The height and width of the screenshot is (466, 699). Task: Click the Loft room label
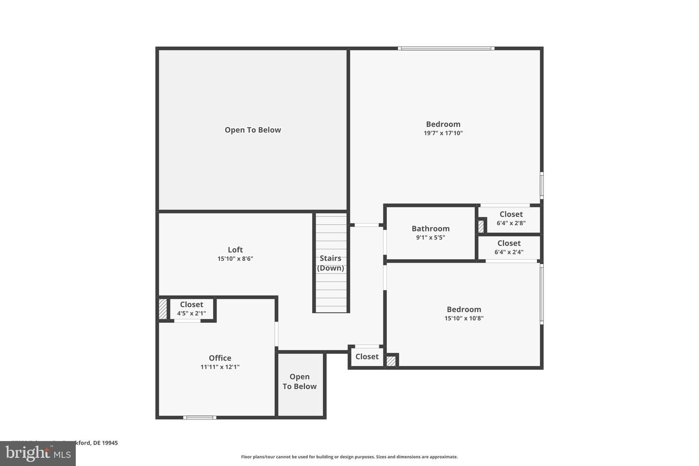coord(235,250)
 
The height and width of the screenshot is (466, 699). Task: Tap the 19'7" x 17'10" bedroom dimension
coord(443,133)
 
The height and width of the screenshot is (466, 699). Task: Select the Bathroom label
coord(431,229)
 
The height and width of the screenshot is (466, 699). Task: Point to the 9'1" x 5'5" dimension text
coord(431,238)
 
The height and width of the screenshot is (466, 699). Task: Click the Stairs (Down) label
coord(331,263)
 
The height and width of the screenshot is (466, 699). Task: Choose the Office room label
coord(220,358)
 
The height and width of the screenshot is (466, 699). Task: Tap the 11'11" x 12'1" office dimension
coord(220,367)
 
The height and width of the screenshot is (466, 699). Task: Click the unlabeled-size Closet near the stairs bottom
coord(367,357)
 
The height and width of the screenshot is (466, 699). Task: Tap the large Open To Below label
coord(253,130)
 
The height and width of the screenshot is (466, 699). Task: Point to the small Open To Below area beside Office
coord(300,382)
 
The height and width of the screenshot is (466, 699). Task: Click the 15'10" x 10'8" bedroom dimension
coord(464,318)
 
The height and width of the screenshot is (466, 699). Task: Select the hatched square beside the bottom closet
coord(391,361)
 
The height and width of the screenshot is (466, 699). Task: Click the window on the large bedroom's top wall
coord(446,49)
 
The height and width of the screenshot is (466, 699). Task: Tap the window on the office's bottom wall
coord(200,417)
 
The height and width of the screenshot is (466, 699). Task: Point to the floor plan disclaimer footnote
coord(349,457)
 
